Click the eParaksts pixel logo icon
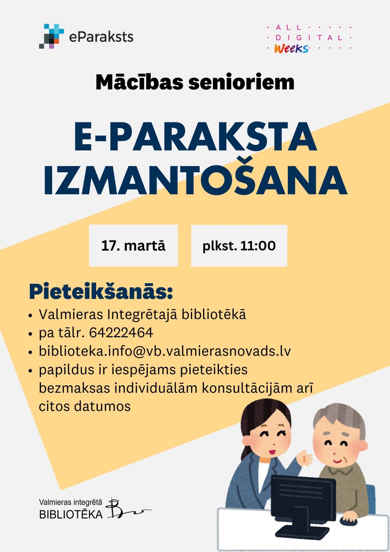click(51, 36)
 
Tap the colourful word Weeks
click(291, 49)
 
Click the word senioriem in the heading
click(241, 83)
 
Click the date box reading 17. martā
click(133, 246)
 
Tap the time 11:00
click(258, 246)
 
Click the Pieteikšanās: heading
click(101, 292)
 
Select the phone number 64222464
click(121, 333)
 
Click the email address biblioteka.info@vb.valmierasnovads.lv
click(165, 351)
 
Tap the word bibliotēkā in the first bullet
click(214, 314)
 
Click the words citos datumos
click(85, 406)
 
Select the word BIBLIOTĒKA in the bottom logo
click(71, 515)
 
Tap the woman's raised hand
click(305, 457)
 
